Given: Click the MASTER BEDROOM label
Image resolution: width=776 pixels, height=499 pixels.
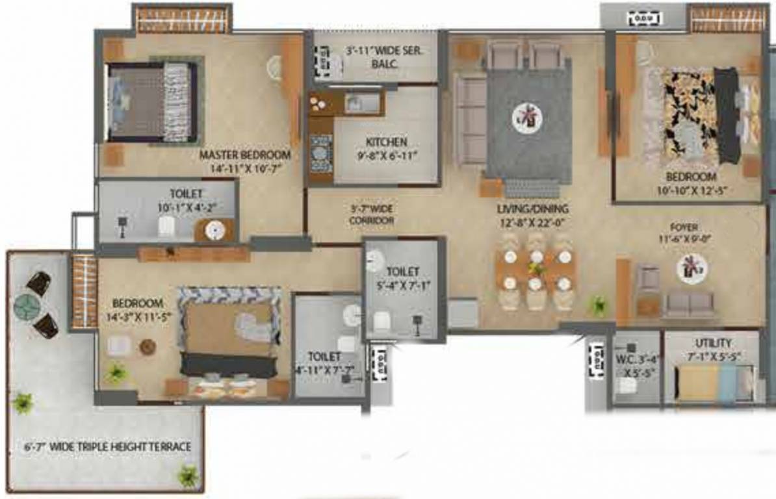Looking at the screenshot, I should tap(244, 155).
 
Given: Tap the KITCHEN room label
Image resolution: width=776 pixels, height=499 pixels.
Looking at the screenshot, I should tap(386, 142).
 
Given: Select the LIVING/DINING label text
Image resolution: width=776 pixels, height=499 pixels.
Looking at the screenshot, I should tap(532, 209).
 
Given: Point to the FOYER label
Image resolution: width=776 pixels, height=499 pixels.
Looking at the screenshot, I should tap(685, 227).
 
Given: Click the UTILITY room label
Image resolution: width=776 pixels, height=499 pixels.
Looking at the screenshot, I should tap(712, 343).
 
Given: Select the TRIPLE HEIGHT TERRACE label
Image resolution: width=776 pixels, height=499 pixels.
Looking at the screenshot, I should tap(105, 447).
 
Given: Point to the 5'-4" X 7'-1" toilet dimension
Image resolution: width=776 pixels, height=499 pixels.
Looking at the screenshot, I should tap(403, 284).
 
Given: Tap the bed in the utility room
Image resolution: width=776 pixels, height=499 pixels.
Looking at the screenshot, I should tap(714, 383).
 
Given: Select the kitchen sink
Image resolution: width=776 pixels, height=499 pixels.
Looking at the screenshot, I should tap(361, 103).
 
